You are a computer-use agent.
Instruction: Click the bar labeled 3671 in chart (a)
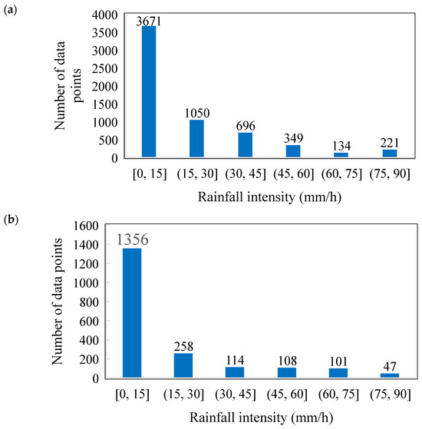click(149, 92)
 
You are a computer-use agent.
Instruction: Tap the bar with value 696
click(245, 145)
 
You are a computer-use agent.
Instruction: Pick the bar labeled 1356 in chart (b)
click(133, 313)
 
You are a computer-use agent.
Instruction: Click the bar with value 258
click(184, 365)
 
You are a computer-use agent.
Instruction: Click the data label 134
click(340, 146)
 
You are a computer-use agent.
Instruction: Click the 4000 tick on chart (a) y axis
click(106, 15)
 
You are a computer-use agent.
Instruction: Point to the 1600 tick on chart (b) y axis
click(91, 226)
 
